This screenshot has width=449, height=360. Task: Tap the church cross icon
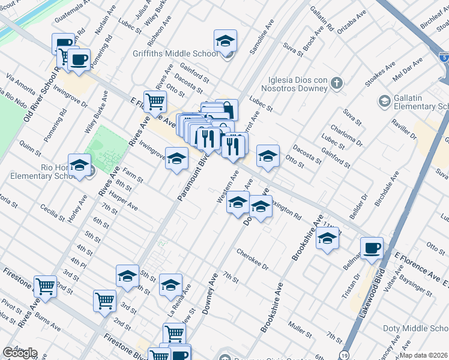tap(337, 83)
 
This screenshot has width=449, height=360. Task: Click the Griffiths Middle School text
tap(175, 53)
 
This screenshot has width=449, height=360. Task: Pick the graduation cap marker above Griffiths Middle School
tap(226, 40)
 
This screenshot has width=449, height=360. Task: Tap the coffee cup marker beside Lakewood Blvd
tap(372, 248)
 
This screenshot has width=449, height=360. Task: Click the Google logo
tap(20, 353)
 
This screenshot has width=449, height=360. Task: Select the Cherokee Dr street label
tap(252, 260)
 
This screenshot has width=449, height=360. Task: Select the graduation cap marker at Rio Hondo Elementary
tap(79, 166)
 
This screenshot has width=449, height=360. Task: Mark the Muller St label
tap(298, 328)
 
